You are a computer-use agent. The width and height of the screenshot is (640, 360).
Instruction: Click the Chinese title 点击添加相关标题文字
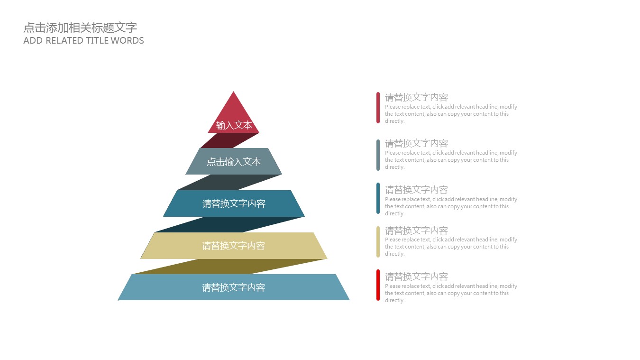point(80,28)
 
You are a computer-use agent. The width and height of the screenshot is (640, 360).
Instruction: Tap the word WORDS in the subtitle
point(127,41)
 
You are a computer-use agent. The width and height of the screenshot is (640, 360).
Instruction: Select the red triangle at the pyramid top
point(233,114)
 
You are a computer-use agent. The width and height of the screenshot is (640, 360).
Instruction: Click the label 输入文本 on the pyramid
point(234,125)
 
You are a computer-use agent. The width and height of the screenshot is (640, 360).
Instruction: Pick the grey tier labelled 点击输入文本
point(234,161)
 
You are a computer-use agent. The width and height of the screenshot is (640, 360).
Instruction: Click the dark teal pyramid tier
point(234,203)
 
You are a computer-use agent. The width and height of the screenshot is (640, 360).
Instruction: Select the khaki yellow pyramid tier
point(234,245)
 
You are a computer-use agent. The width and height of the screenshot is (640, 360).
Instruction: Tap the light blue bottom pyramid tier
point(234,287)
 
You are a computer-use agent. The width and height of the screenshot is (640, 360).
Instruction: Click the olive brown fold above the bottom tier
point(229,267)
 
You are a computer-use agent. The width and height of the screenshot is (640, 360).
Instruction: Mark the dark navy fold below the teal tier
point(229,224)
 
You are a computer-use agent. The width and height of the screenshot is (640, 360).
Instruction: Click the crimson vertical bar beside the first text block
point(378,108)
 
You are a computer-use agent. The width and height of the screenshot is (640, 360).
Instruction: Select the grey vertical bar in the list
point(378,155)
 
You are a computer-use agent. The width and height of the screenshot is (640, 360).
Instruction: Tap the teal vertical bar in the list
point(378,198)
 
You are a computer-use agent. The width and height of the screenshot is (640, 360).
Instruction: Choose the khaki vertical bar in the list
point(378,242)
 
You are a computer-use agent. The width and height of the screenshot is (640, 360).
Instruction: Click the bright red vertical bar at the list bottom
point(378,285)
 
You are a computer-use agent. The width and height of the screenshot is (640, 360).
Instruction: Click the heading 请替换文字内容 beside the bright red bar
point(416,277)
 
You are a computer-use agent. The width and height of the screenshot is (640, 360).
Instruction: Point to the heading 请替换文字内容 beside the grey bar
point(416,143)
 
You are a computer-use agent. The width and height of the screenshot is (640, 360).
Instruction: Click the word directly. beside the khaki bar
point(394,254)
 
